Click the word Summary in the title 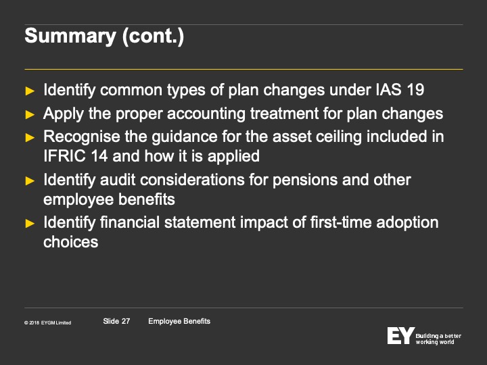coord(70,36)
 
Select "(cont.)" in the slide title coord(153,36)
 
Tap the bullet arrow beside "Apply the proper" coord(30,114)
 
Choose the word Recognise coord(82,137)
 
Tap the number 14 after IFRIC coord(99,156)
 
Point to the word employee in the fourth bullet coord(78,199)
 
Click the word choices coord(71,242)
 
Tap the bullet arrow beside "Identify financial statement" coord(30,223)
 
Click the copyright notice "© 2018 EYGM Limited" coord(47,323)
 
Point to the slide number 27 coord(126,321)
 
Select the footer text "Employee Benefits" coord(179,321)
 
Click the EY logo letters coord(401,335)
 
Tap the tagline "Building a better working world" coord(438,339)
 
